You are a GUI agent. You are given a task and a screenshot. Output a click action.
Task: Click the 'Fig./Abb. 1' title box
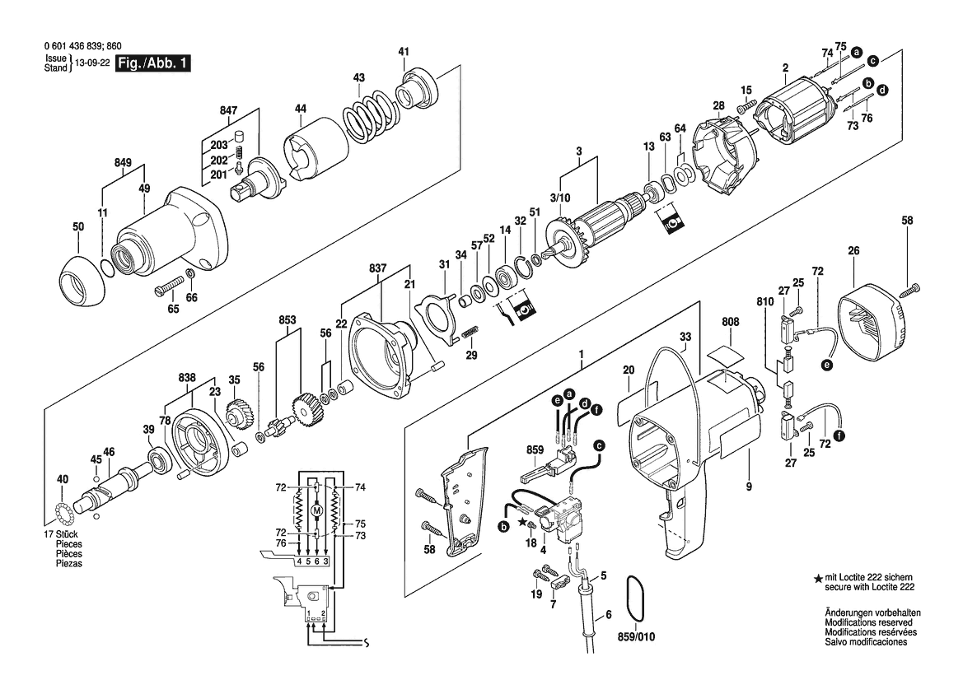pos(153,63)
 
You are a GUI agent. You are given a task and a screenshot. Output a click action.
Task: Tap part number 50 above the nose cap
pos(78,226)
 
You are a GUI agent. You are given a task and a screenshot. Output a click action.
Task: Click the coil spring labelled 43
pos(367,112)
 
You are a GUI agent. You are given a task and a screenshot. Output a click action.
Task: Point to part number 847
pos(228,110)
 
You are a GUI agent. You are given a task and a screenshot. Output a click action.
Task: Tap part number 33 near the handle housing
pos(685,337)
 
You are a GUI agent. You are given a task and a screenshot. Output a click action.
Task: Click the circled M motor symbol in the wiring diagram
pos(317,510)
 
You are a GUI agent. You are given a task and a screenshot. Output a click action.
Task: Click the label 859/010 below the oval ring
pos(636,636)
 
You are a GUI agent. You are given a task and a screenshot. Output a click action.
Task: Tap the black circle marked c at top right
pos(872,61)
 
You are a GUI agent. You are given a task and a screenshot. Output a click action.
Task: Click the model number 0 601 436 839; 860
pos(83,46)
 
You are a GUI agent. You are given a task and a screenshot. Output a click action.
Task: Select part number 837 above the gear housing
pos(378,268)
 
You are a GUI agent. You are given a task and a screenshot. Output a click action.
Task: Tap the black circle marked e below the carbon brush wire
pos(828,365)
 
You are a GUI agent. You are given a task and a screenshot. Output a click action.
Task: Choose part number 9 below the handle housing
pos(749,487)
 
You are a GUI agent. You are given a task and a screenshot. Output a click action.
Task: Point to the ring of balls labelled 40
pos(63,510)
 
